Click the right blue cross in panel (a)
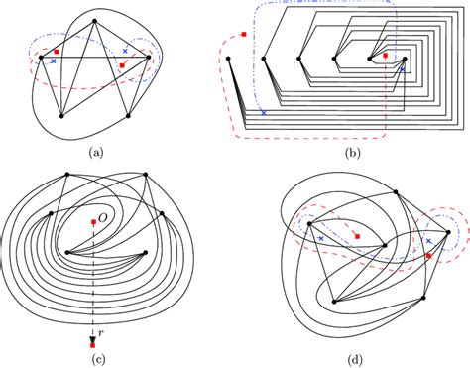point(125,49)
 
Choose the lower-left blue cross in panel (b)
point(263,113)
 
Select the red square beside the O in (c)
point(92,220)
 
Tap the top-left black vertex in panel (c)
point(65,175)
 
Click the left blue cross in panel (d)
point(321,237)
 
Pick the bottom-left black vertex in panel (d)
point(334,301)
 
